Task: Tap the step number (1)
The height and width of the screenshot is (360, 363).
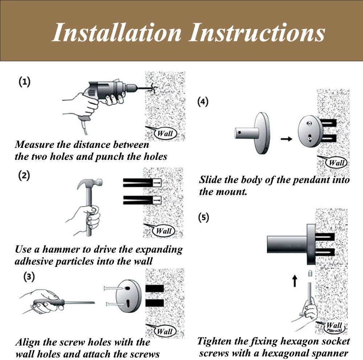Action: click(24, 82)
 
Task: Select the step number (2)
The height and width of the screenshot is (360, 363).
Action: click(24, 176)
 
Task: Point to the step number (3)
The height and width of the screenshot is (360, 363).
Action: click(29, 277)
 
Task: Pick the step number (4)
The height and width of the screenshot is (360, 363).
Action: click(203, 102)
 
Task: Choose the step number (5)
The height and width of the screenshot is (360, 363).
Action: click(204, 218)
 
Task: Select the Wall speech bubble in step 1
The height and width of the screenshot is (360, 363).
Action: click(165, 133)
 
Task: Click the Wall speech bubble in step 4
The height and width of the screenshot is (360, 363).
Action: click(336, 162)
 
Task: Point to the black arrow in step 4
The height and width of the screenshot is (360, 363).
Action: click(287, 139)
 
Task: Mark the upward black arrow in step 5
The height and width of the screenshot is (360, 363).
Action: click(294, 281)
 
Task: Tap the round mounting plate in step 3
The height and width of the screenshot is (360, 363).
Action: click(128, 296)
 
